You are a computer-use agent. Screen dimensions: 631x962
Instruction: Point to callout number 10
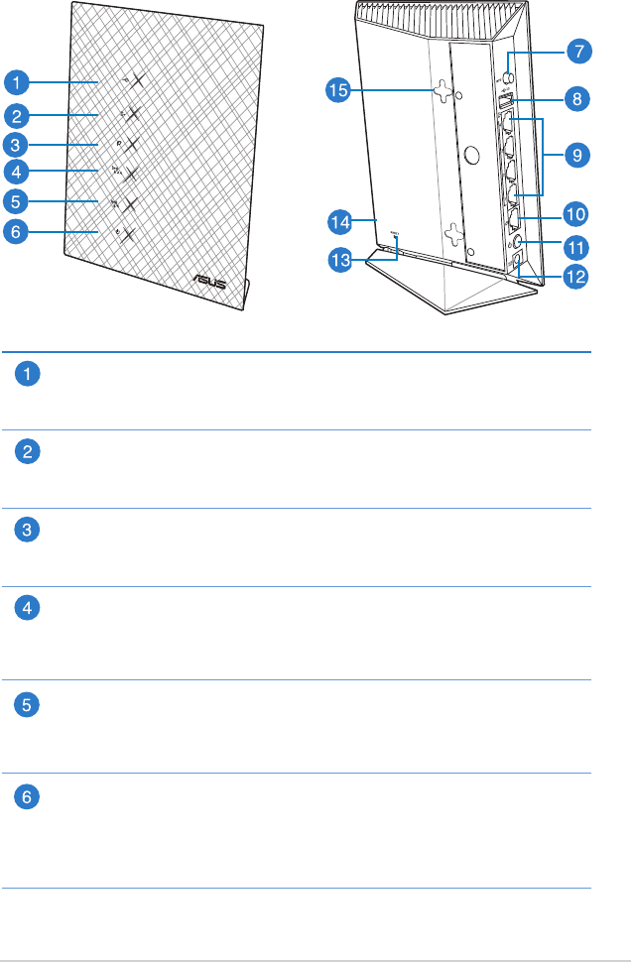click(x=575, y=212)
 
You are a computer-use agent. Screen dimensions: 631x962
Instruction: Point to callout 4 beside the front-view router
click(x=15, y=172)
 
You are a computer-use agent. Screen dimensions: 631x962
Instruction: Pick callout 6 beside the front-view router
click(x=15, y=232)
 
